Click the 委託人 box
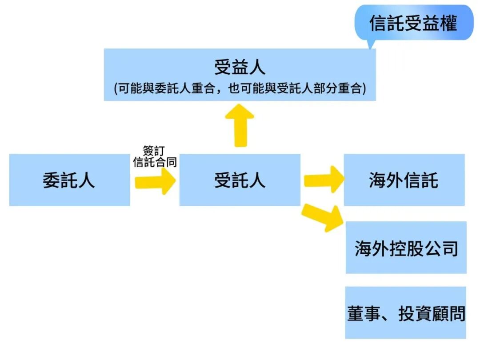tap(69, 180)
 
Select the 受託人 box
tap(240, 180)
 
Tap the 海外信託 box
tap(404, 180)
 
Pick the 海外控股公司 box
tap(406, 248)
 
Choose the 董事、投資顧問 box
tap(406, 312)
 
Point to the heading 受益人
tap(240, 68)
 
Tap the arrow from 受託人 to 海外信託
tap(324, 180)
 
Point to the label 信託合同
tap(155, 162)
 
